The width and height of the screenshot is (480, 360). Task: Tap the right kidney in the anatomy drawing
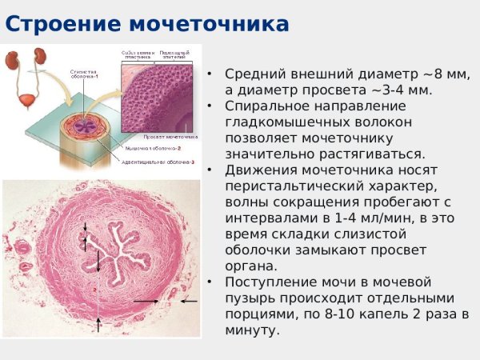pyautogui.click(x=38, y=58)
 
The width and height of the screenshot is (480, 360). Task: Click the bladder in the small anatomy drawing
pyautogui.click(x=26, y=82)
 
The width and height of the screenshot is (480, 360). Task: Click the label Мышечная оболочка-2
pyautogui.click(x=154, y=148)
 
